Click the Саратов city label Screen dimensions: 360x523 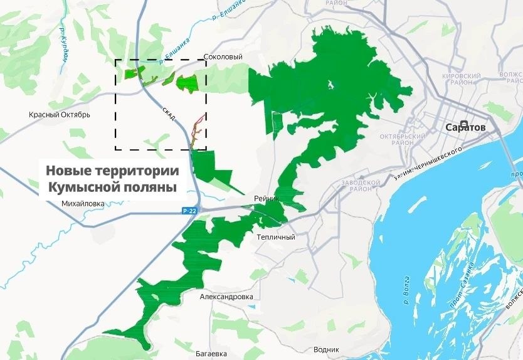(x=465, y=127)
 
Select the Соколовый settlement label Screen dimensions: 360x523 (x=224, y=57)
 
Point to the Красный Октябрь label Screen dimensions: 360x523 (x=60, y=115)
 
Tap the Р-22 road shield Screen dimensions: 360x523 (x=190, y=211)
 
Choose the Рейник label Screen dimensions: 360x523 (x=265, y=199)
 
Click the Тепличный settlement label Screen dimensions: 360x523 (x=276, y=238)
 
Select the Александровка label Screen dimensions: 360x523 (x=226, y=297)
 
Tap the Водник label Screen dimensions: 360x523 (x=325, y=349)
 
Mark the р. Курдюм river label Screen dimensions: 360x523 (x=63, y=45)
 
